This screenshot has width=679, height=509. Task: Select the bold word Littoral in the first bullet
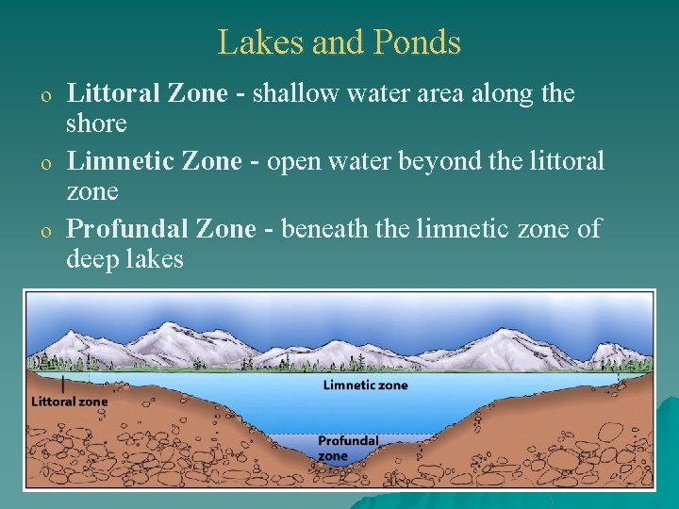[x=112, y=93]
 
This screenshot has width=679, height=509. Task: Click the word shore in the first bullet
[x=96, y=123]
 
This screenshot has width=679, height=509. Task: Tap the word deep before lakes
[x=91, y=258]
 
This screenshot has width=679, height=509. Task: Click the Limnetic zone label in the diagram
[x=365, y=385]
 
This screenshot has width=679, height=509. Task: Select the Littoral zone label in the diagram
[x=70, y=401]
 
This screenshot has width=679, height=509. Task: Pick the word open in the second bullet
[x=290, y=161]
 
